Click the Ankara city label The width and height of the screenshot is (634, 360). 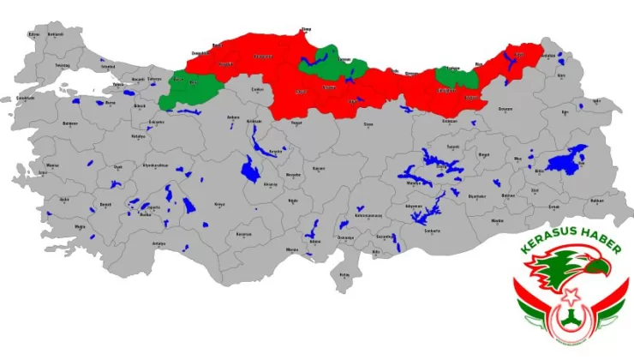pyautogui.click(x=231, y=117)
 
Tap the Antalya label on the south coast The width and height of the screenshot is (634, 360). pyautogui.click(x=158, y=243)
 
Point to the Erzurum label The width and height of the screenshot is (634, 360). pyautogui.click(x=505, y=108)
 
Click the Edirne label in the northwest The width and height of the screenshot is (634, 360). pyautogui.click(x=34, y=34)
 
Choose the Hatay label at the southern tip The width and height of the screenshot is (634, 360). pyautogui.click(x=345, y=275)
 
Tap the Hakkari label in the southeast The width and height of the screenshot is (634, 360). pyautogui.click(x=597, y=201)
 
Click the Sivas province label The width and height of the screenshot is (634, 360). pyautogui.click(x=368, y=124)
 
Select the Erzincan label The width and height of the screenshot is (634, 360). pyautogui.click(x=450, y=121)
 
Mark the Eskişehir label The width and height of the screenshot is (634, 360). pyautogui.click(x=157, y=122)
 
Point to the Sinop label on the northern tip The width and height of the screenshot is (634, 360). pyautogui.click(x=307, y=30)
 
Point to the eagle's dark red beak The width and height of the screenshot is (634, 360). pyautogui.click(x=607, y=271)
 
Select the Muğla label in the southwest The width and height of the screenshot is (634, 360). pyautogui.click(x=80, y=226)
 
